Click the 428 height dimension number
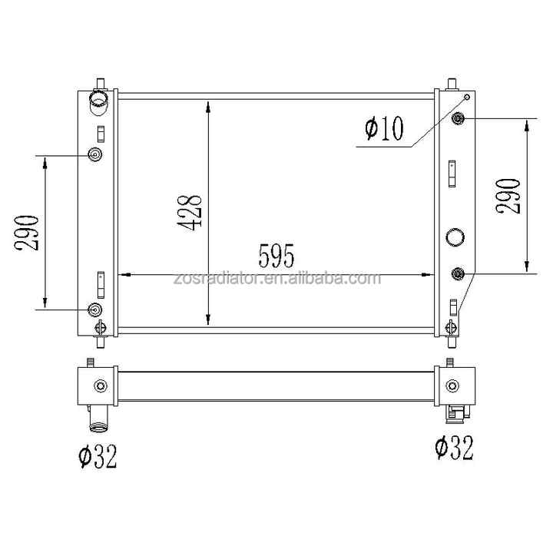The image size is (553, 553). pos(190,212)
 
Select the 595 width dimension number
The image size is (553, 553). pos(276,255)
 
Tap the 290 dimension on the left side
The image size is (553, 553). pos(26,233)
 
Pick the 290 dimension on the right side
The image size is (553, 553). pos(508,196)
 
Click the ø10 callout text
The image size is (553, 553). pos(384,128)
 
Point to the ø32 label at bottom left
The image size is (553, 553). pos(97,455)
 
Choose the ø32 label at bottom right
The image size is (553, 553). pos(454,447)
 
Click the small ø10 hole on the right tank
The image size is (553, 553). pos(467,97)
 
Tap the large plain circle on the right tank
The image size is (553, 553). pos(455,237)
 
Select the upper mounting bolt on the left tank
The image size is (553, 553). pos(95,154)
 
